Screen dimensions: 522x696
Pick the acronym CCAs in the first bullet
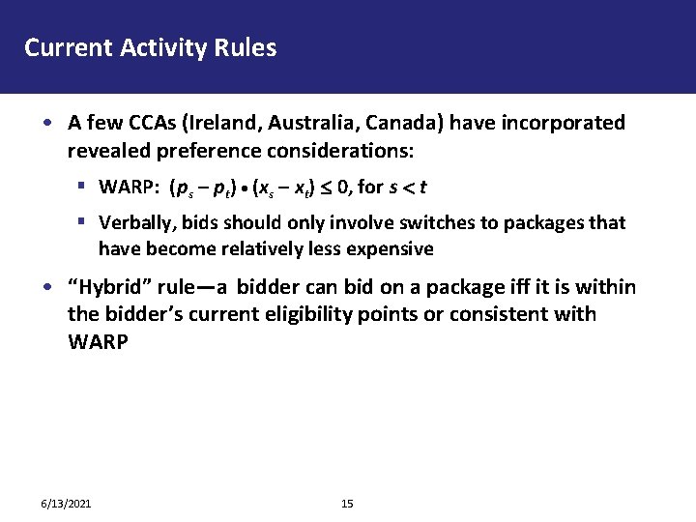141,123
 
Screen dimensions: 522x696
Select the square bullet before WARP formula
85,186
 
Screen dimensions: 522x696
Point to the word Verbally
136,222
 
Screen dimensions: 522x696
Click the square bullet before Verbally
85,221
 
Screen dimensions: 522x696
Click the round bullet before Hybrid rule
46,288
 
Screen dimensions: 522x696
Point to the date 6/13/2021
66,504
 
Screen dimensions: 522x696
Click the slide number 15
348,504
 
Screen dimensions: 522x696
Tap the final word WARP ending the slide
97,341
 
